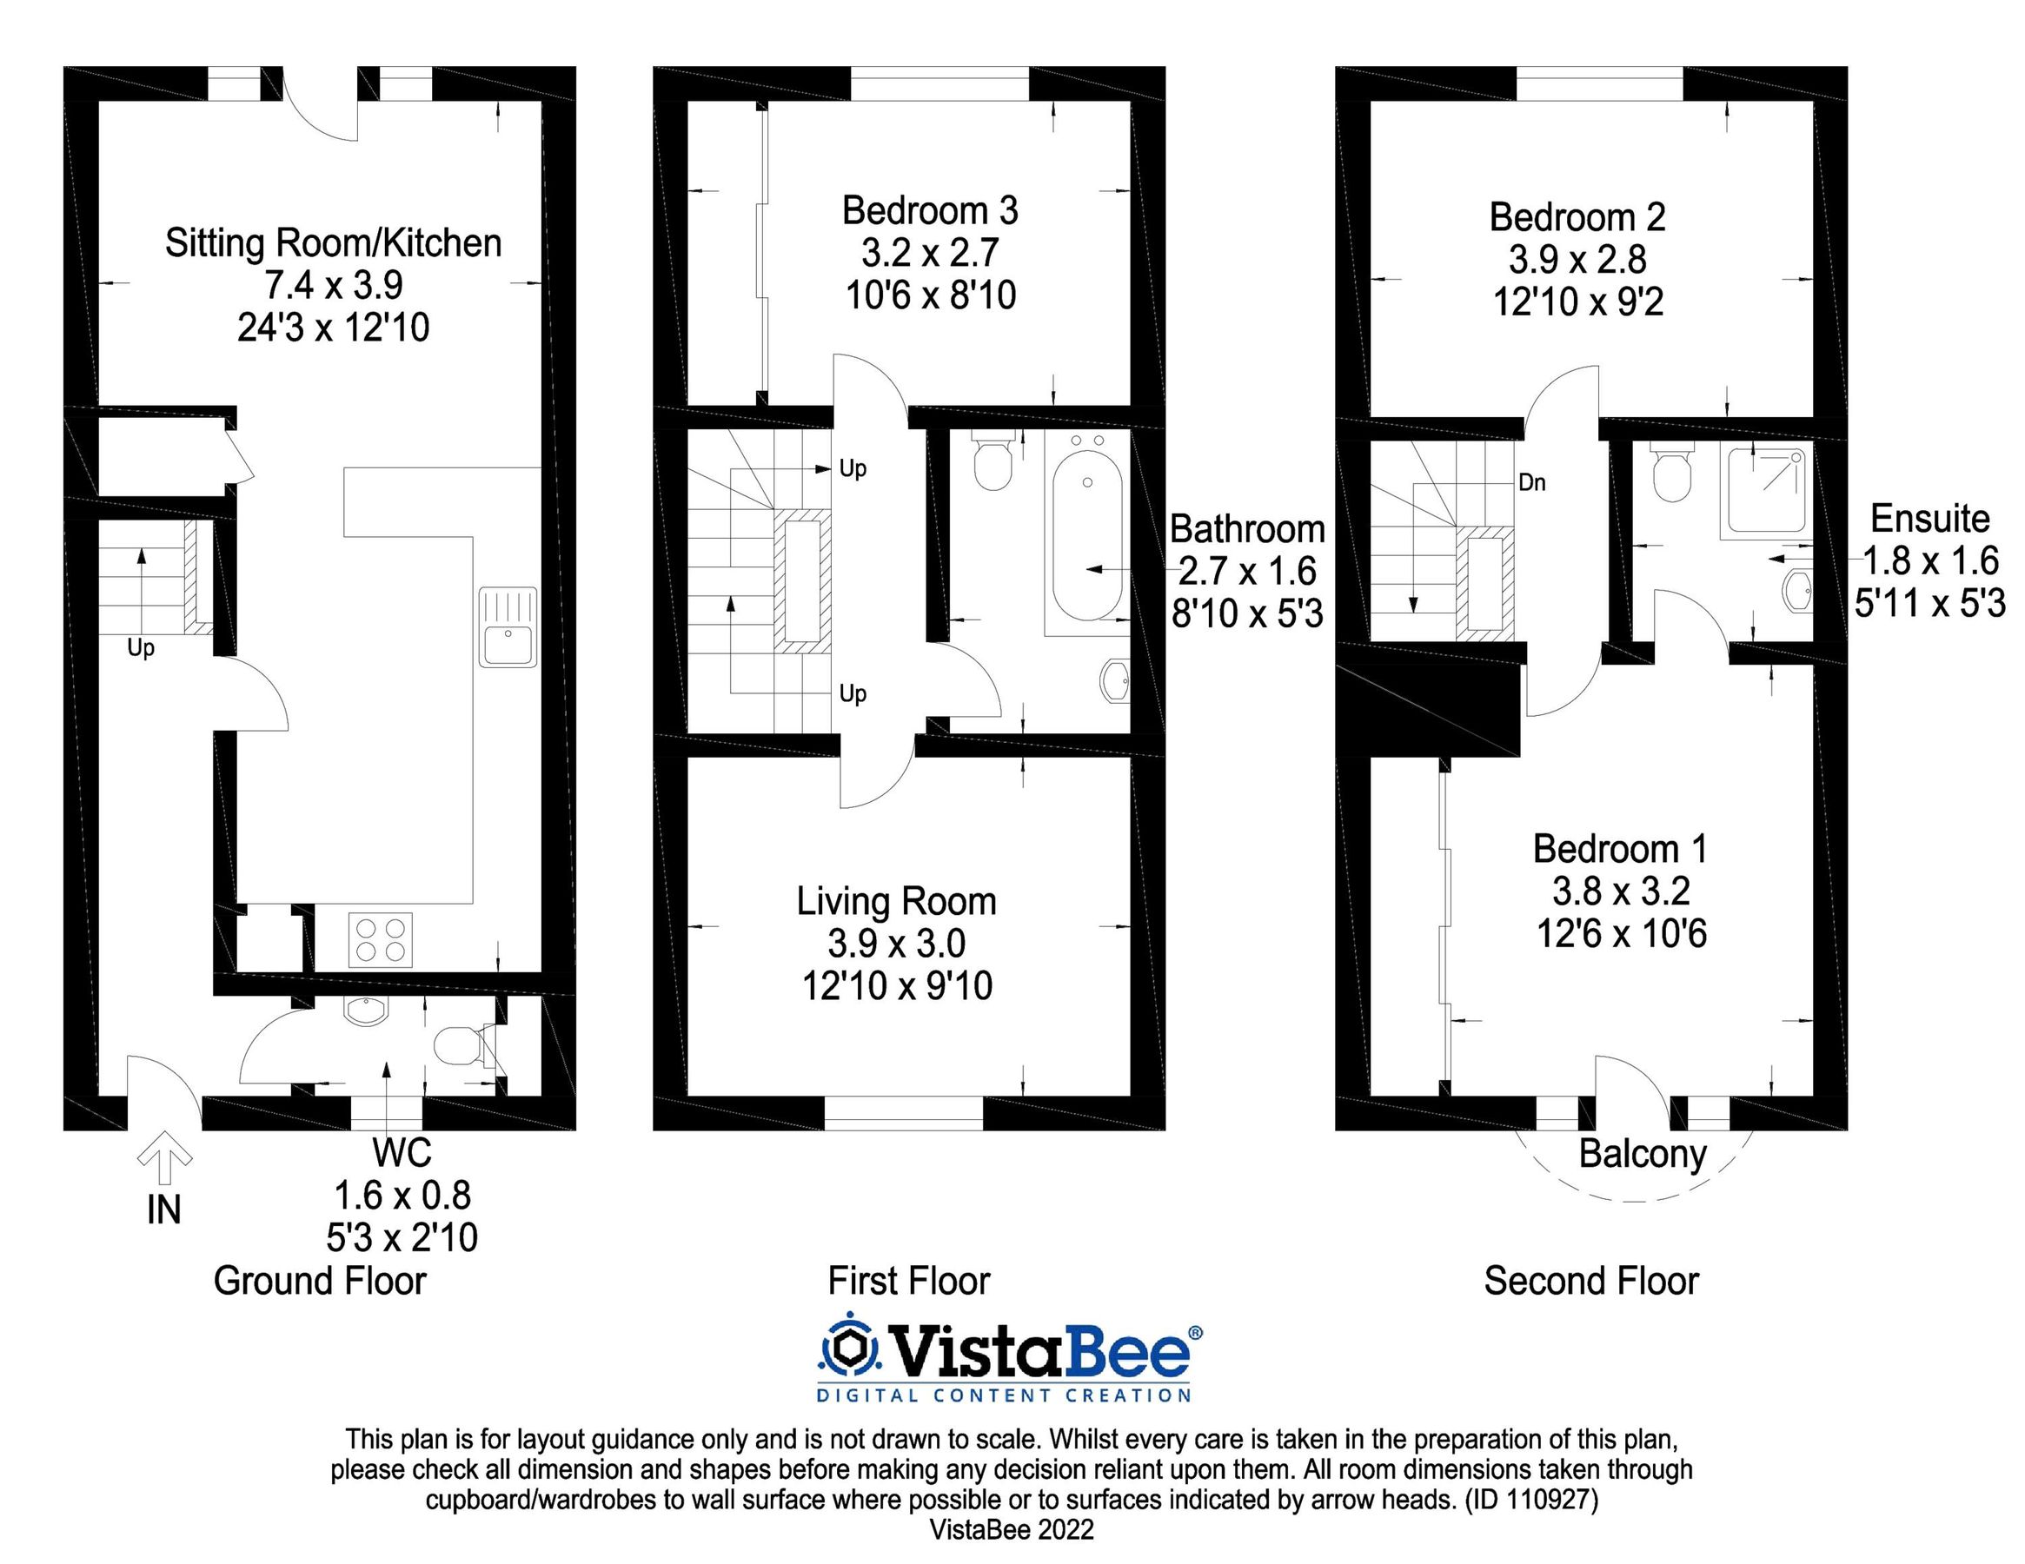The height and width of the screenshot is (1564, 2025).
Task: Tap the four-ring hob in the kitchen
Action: pyautogui.click(x=380, y=940)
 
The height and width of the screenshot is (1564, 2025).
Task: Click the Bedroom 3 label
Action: pyautogui.click(x=930, y=211)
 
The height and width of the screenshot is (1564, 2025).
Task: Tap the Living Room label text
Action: pyautogui.click(x=897, y=901)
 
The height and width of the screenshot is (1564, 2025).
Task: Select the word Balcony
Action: pyautogui.click(x=1642, y=1154)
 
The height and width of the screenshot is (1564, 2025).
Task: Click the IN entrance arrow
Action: pyautogui.click(x=164, y=1158)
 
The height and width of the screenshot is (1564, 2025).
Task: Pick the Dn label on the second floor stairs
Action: pyautogui.click(x=1531, y=483)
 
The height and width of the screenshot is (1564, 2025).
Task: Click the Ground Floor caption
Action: pyautogui.click(x=320, y=1281)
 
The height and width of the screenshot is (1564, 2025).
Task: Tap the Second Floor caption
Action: pyautogui.click(x=1591, y=1281)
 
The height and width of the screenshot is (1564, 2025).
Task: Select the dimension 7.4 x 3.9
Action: pyautogui.click(x=334, y=285)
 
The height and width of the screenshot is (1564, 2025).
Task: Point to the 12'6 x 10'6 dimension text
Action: pyautogui.click(x=1622, y=933)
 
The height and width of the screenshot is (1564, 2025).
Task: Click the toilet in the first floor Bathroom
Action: pyautogui.click(x=993, y=463)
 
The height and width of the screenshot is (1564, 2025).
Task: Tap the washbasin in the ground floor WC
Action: pyautogui.click(x=367, y=1011)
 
